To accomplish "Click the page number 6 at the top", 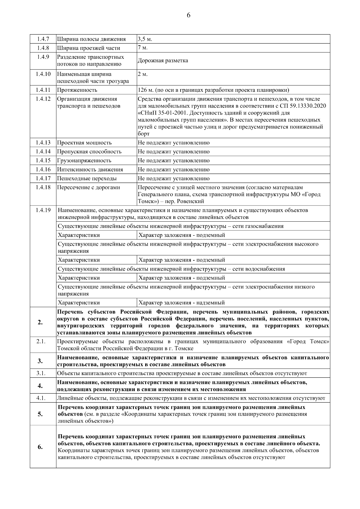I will (188, 15).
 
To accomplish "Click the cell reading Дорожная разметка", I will (163, 61).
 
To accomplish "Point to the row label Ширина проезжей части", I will (88, 48).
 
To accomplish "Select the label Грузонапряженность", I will (84, 160).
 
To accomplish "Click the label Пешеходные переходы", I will (87, 178).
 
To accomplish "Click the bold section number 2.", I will (40, 322).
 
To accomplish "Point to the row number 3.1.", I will (41, 373).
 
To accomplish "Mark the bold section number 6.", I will (40, 447).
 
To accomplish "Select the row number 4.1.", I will (41, 398).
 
